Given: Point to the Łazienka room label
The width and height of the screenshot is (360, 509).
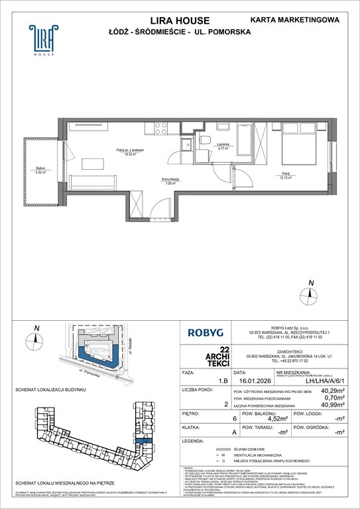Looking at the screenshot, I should click(x=222, y=147).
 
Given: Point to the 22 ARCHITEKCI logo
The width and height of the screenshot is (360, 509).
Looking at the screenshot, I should click(x=208, y=356).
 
